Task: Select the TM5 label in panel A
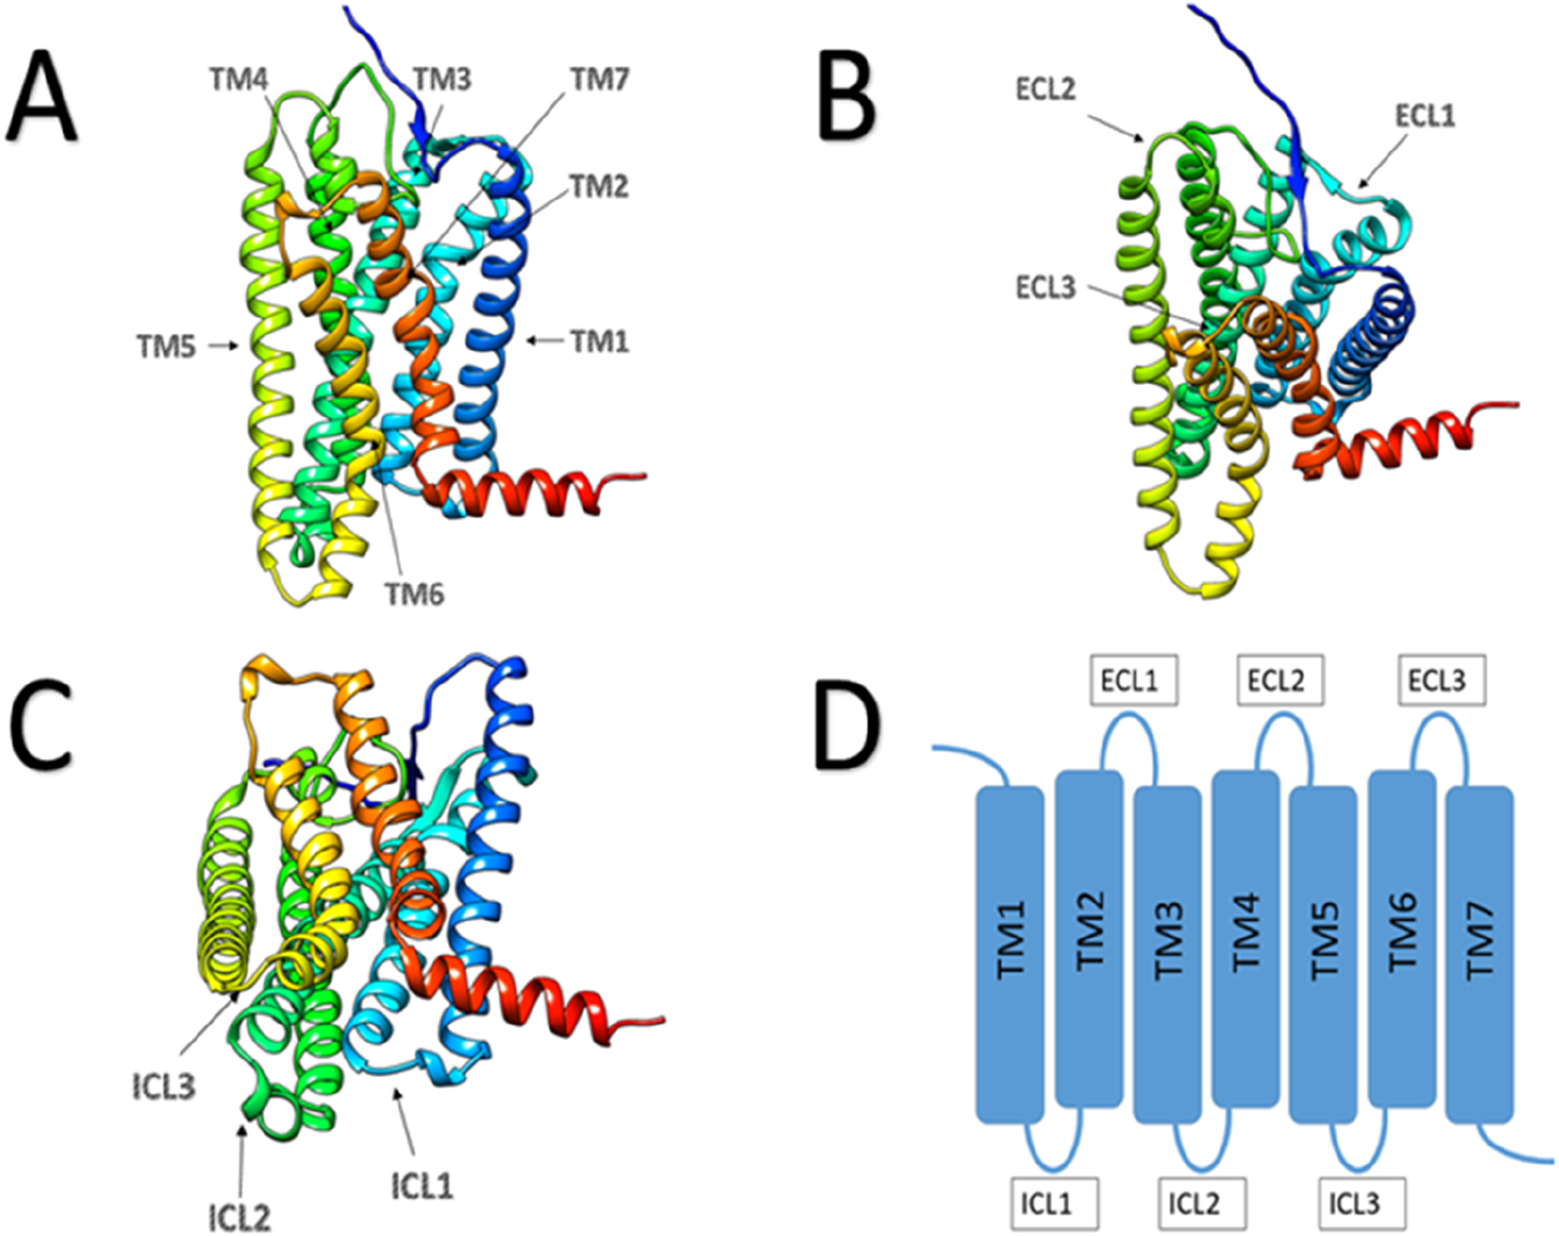pyautogui.click(x=167, y=347)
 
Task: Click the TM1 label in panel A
pyautogui.click(x=600, y=341)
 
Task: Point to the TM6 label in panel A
pyautogui.click(x=414, y=595)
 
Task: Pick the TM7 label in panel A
pyautogui.click(x=600, y=79)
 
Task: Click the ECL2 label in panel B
pyautogui.click(x=1045, y=89)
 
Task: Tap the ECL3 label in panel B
pyautogui.click(x=1045, y=288)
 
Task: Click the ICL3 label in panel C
pyautogui.click(x=164, y=1088)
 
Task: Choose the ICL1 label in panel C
pyautogui.click(x=422, y=1186)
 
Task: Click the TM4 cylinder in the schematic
pyautogui.click(x=1245, y=939)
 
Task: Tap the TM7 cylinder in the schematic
pyautogui.click(x=1479, y=955)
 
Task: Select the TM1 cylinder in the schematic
pyautogui.click(x=1011, y=955)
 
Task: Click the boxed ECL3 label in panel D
pyautogui.click(x=1442, y=680)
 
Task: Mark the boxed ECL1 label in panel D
pyautogui.click(x=1135, y=680)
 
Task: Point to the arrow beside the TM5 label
pyautogui.click(x=223, y=347)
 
